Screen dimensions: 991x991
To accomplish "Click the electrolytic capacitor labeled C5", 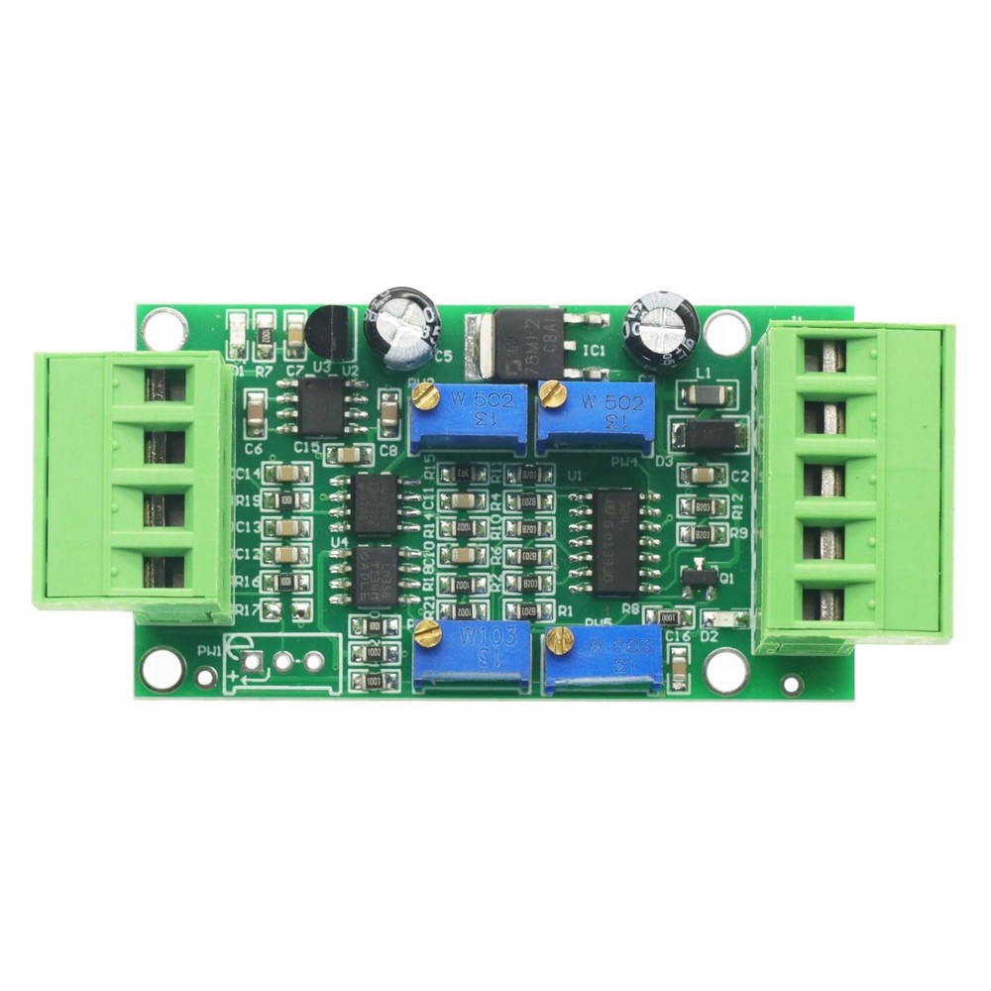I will click(401, 323).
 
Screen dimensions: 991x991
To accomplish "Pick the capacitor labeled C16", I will click(679, 667).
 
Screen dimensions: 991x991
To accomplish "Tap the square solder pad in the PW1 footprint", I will click(252, 661).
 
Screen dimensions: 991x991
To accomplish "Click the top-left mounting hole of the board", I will click(164, 328).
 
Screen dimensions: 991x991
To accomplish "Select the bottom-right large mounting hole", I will click(725, 671).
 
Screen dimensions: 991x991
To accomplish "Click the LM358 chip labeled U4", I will click(376, 574).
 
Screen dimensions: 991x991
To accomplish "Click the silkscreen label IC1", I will click(594, 350).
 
